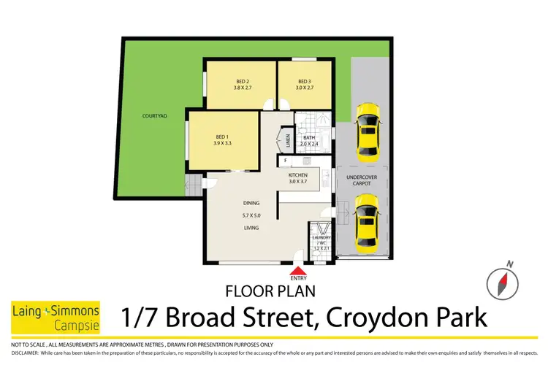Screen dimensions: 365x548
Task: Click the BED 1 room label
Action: pos(221,135)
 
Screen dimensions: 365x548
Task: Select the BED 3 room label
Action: pos(305,81)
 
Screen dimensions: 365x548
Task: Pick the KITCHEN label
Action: pos(298,176)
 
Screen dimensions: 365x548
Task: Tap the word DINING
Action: pos(252,204)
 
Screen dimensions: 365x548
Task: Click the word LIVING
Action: pos(251,228)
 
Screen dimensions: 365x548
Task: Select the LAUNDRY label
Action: pos(321,238)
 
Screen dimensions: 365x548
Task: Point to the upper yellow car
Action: pos(368,131)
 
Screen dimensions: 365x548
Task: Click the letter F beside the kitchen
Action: pos(284,159)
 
